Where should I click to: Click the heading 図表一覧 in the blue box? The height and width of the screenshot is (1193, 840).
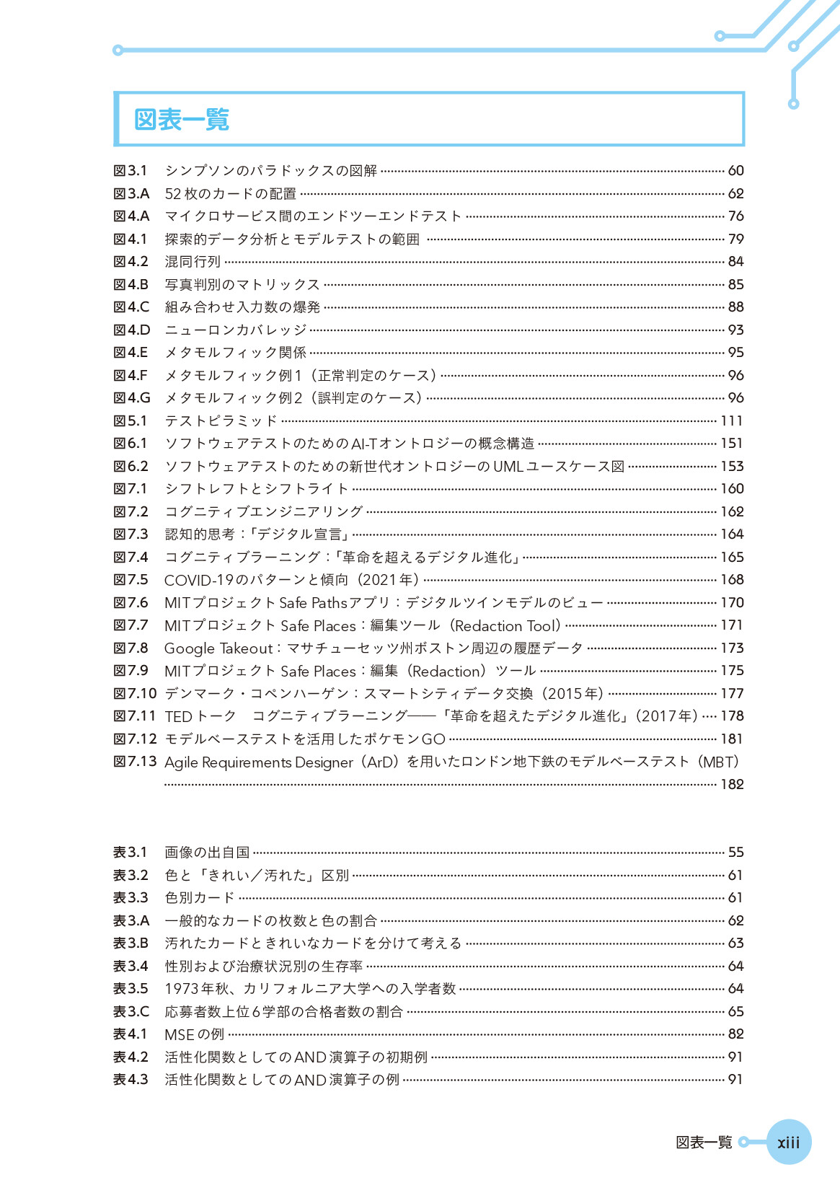tap(182, 119)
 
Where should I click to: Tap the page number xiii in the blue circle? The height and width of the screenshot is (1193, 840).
tap(788, 1142)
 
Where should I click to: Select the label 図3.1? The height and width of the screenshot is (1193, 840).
tap(131, 171)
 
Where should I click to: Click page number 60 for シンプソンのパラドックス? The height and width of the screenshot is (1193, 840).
tap(735, 171)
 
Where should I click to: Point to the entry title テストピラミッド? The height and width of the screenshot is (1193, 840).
tap(221, 421)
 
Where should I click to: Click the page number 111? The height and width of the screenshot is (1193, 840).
tap(732, 421)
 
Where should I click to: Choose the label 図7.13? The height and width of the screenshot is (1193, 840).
tap(135, 762)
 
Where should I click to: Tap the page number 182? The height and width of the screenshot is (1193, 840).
tap(732, 784)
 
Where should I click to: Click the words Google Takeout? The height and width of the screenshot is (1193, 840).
tap(218, 648)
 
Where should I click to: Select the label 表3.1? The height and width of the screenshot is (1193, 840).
tap(131, 853)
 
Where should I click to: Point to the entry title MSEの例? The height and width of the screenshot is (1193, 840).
tap(194, 1034)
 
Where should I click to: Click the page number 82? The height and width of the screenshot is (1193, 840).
tap(735, 1034)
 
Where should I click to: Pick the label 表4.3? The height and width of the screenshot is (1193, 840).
tap(131, 1080)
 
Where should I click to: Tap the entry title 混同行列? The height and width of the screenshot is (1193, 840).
tap(193, 262)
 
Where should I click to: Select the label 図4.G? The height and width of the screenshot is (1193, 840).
tap(132, 398)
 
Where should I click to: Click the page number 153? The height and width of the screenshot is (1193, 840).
tap(732, 467)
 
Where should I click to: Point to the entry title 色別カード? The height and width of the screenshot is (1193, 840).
tap(200, 898)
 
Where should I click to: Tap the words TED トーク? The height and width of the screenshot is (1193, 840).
tap(200, 716)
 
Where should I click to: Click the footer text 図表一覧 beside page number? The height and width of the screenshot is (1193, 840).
tap(704, 1142)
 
